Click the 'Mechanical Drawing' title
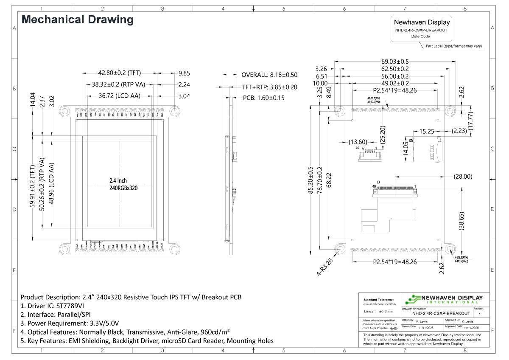click(78, 20)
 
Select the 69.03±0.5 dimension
click(395, 62)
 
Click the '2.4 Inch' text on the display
click(118, 180)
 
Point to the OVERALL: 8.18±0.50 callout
click(269, 75)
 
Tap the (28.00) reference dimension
click(462, 176)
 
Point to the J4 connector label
click(358, 148)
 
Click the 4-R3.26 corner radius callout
click(324, 267)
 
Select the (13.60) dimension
click(355, 141)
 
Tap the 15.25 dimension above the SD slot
click(427, 132)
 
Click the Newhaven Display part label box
click(422, 29)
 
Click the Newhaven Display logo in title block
click(444, 299)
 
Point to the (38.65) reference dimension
click(463, 221)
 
